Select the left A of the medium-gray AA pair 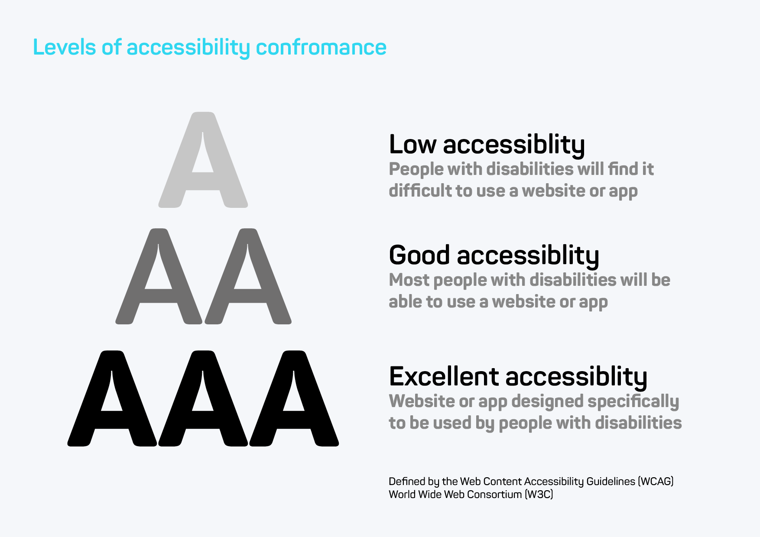pyautogui.click(x=159, y=276)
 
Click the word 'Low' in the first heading pyautogui.click(x=412, y=144)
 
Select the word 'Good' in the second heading pyautogui.click(x=419, y=255)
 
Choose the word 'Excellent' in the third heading pyautogui.click(x=444, y=376)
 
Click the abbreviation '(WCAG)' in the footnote pyautogui.click(x=656, y=482)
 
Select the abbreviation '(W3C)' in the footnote pyautogui.click(x=539, y=495)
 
